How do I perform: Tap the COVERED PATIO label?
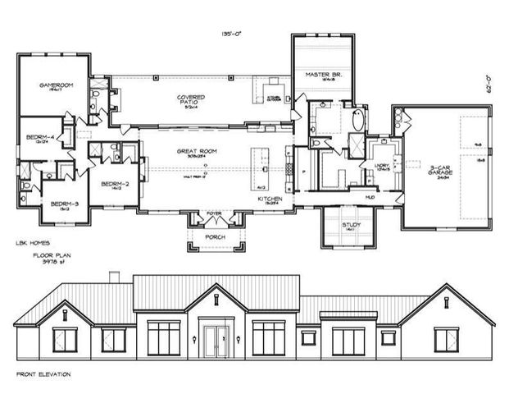[x=190, y=99]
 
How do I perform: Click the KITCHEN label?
[x=270, y=199]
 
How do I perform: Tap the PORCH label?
[x=215, y=236]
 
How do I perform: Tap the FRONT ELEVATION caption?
[x=43, y=373]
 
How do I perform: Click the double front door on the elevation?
[x=215, y=340]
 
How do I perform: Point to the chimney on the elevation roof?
[x=115, y=276]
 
